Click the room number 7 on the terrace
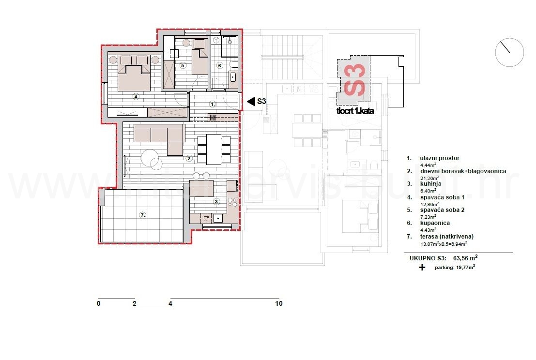(142, 215)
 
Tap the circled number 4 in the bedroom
(137, 97)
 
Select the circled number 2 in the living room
(189, 158)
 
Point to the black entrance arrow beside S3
(251, 101)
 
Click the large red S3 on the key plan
(354, 80)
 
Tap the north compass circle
(509, 52)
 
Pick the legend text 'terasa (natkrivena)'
(446, 236)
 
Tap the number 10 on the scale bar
(278, 304)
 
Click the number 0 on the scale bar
(98, 304)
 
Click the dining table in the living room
(214, 149)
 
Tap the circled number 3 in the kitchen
(216, 201)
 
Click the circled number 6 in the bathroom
(219, 65)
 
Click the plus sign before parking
(422, 267)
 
